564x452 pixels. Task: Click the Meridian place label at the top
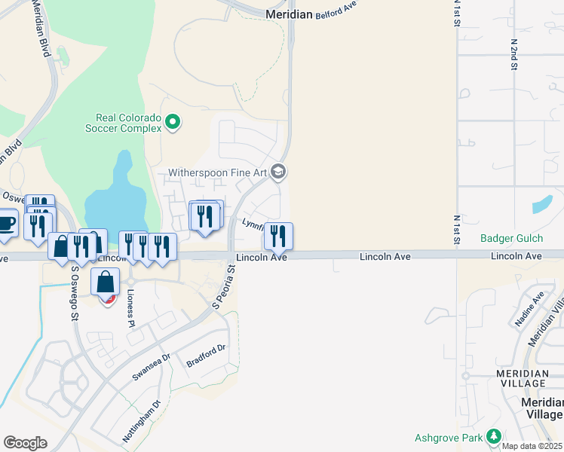[x=290, y=14]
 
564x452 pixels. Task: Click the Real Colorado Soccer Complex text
[x=128, y=123]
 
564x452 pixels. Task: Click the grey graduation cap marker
[x=278, y=173]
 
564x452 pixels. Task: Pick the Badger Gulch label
[x=511, y=240]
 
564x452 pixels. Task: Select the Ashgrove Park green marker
[x=494, y=436]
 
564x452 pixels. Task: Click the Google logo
[x=25, y=443]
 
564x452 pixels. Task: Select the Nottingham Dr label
[x=142, y=420]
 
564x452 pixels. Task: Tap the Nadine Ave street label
[x=529, y=309]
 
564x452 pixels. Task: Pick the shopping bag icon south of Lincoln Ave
[x=106, y=282]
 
